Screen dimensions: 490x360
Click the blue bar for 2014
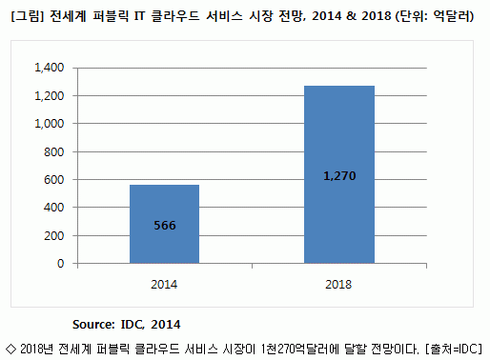[164, 224]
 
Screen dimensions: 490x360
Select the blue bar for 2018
[339, 174]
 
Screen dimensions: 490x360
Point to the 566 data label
[165, 226]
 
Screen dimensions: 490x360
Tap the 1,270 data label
[339, 176]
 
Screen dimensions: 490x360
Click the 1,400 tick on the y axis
[50, 68]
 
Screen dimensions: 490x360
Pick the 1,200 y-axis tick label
[50, 95]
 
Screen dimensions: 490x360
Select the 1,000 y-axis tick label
[50, 123]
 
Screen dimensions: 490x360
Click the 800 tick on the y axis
[53, 151]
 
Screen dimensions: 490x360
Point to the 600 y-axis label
[53, 179]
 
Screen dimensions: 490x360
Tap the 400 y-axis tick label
[53, 208]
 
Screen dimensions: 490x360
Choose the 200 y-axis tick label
[53, 235]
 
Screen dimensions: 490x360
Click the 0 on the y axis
[60, 263]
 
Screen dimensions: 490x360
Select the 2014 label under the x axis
[164, 284]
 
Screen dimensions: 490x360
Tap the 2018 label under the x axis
[338, 284]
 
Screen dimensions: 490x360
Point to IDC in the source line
[133, 325]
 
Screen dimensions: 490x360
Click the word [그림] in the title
[27, 16]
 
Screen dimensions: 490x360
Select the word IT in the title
[139, 16]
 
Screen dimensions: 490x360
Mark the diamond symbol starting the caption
[11, 349]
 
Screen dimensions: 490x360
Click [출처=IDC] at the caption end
[454, 349]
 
